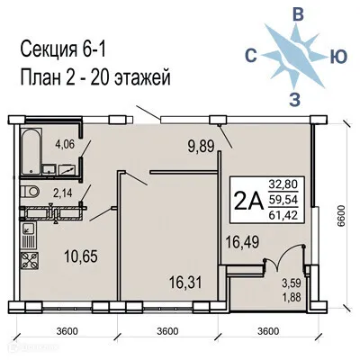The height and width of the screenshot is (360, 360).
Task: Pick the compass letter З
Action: click(x=295, y=98)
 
